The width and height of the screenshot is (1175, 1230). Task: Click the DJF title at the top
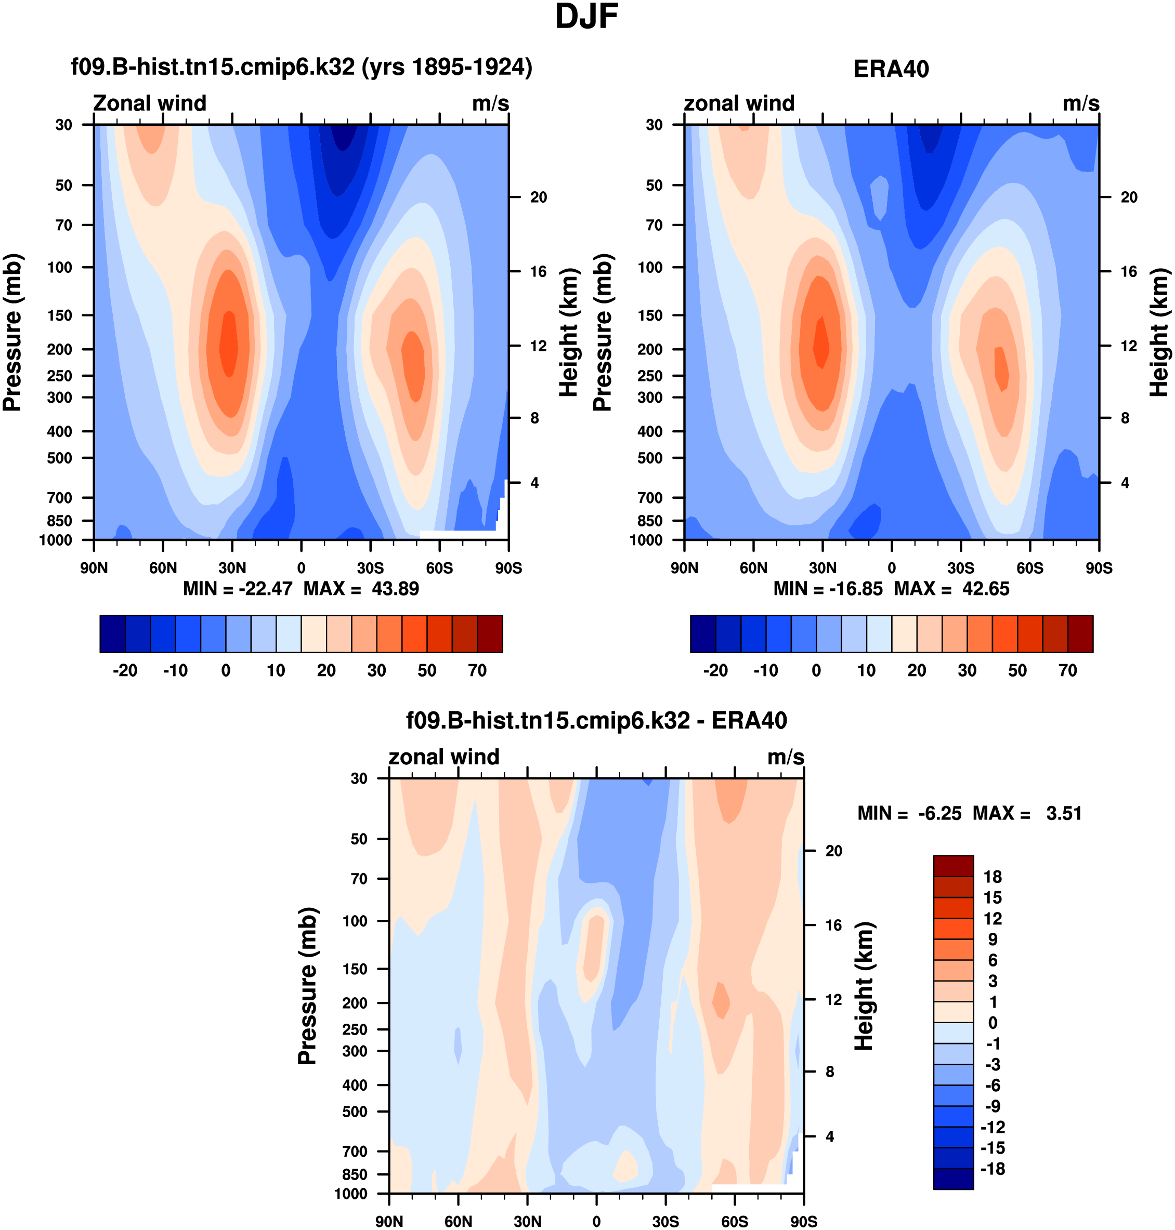pos(586,17)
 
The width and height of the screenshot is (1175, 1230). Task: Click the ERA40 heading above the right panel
pos(891,69)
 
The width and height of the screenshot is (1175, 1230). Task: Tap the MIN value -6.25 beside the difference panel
pos(939,813)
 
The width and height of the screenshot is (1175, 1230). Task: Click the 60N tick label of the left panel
pos(163,568)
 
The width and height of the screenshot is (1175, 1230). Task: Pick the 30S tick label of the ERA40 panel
pos(960,568)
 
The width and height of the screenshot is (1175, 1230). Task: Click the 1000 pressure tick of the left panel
pos(56,540)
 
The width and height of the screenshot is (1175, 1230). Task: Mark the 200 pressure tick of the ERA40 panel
pos(650,349)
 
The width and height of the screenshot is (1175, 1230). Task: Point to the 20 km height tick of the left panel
pos(539,197)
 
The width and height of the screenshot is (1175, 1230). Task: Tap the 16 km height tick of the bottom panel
pos(833,925)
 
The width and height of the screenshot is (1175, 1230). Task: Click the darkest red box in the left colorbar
pos(490,634)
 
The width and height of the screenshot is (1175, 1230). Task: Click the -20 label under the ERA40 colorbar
pos(715,670)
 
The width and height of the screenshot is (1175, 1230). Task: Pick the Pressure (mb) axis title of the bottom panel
pos(307,986)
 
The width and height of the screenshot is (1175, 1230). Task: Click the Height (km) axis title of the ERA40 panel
pos(1159,333)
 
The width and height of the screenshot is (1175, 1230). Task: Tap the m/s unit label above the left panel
pos(490,103)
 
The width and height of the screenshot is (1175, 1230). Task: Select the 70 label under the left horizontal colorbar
pos(477,670)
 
